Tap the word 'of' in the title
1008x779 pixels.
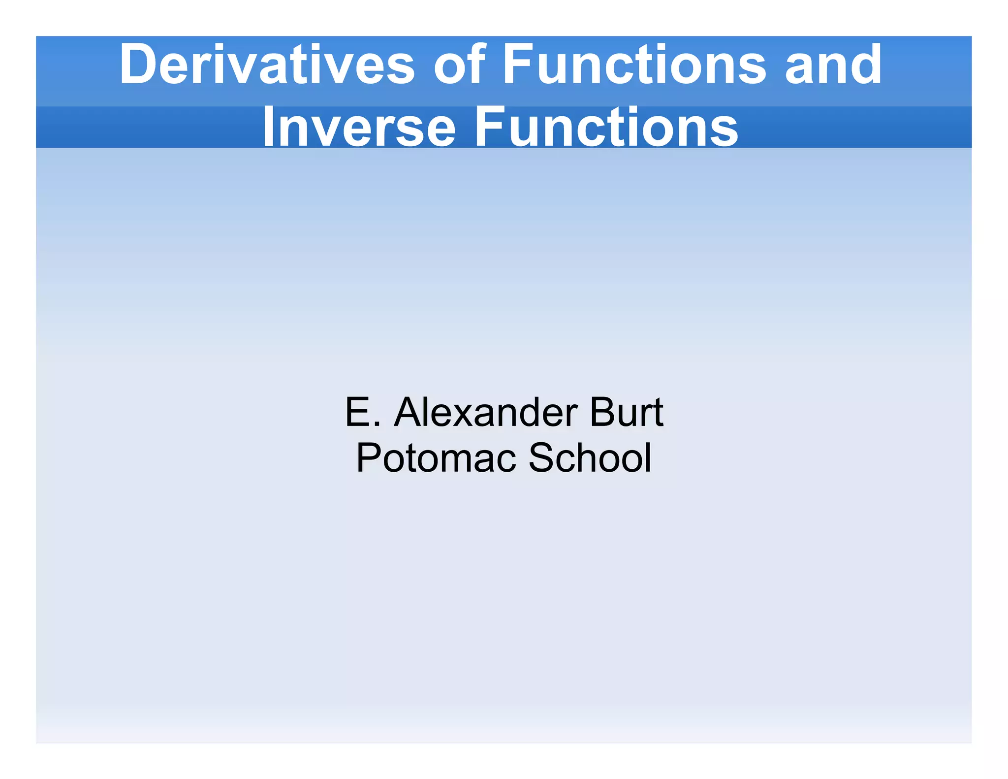459,65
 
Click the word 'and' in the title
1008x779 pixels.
833,65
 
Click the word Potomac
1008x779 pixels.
436,457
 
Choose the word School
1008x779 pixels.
590,457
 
